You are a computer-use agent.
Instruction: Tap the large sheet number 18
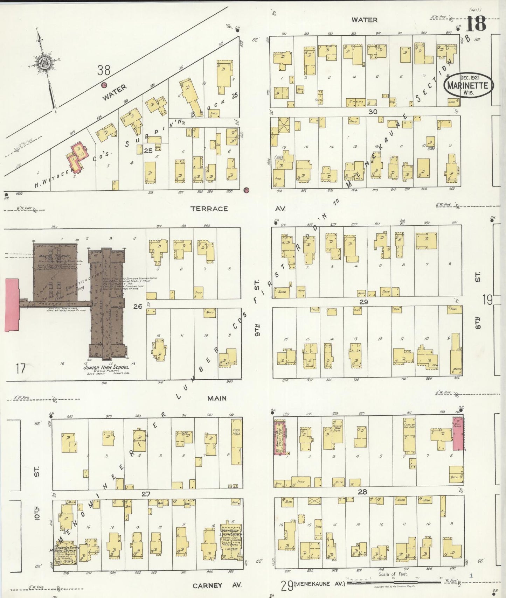[476, 24]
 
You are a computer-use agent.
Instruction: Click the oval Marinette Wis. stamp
[469, 85]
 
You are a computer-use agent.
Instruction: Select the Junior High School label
[106, 367]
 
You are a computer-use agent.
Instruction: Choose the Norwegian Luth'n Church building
[230, 541]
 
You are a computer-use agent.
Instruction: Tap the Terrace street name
[209, 209]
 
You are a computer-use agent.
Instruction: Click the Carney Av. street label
[217, 585]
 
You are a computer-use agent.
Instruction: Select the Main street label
[217, 398]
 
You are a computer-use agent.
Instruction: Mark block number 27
[146, 494]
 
